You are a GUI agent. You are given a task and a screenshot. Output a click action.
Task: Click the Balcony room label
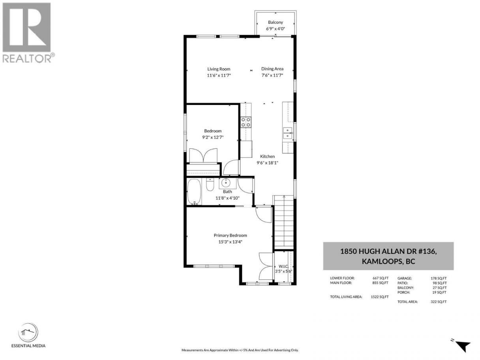click(x=275, y=22)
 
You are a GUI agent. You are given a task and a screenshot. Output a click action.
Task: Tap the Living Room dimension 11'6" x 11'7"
click(x=219, y=75)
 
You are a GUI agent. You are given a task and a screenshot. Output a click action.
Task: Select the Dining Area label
click(x=272, y=69)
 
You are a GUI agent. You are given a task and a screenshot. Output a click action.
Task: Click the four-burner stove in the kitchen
click(x=246, y=122)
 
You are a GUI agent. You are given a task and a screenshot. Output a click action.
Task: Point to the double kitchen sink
click(x=288, y=133)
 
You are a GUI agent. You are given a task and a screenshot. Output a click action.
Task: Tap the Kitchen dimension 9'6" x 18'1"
click(x=267, y=163)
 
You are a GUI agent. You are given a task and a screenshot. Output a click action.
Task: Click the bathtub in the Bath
click(x=194, y=192)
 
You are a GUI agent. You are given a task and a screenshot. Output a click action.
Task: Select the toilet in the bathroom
click(x=210, y=185)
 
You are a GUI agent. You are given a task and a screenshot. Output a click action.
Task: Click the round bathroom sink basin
click(x=225, y=183)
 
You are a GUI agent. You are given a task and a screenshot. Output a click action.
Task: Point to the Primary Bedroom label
click(x=230, y=235)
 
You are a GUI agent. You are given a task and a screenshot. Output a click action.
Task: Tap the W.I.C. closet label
click(x=283, y=266)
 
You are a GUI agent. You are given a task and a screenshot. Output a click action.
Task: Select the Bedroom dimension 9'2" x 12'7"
click(x=213, y=137)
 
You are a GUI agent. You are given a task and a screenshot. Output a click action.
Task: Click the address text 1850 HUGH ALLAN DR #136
click(x=388, y=251)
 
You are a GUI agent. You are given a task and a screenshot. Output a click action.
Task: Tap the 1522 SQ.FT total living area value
click(x=380, y=297)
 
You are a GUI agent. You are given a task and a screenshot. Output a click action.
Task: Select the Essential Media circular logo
click(x=28, y=332)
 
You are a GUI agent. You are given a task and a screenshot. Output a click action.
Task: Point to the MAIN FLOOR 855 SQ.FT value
click(x=380, y=283)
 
